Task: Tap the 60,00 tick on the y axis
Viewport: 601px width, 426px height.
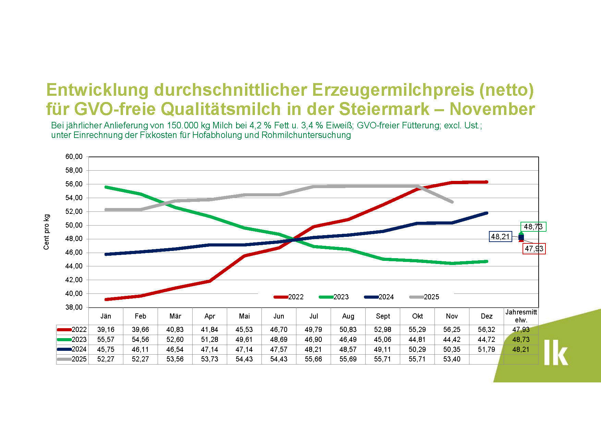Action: coord(74,157)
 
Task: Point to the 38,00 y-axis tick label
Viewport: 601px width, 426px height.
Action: coord(74,307)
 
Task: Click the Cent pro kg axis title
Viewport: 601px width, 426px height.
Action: coord(47,232)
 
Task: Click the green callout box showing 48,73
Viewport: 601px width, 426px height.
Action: coord(533,227)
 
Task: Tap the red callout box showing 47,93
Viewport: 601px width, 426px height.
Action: coord(534,249)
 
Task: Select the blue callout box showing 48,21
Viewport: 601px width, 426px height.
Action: coord(500,237)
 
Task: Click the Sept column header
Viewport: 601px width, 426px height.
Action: coord(383,316)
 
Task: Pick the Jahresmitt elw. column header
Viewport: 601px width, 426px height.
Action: coord(521,316)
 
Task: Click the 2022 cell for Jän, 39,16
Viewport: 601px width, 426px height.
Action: coord(106,330)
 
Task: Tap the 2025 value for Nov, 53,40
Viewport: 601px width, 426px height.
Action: coord(452,359)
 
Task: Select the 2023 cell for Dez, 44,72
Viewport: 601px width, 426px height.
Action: coord(486,339)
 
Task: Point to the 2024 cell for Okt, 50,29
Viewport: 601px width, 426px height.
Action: coord(417,349)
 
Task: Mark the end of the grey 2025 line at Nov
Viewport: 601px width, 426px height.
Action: coord(452,202)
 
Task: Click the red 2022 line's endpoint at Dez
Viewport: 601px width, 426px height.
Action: coord(486,182)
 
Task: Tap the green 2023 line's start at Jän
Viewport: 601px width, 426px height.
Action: coord(106,187)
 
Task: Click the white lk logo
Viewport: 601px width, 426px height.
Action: coord(555,353)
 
